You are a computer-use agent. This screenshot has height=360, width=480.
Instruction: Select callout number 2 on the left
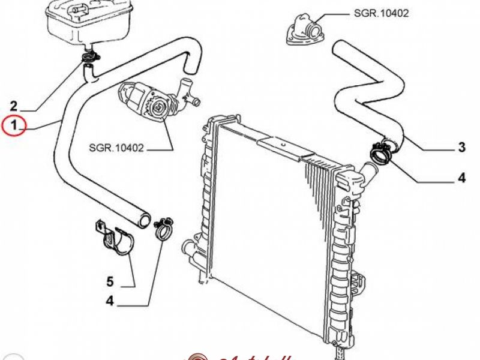tap(14, 106)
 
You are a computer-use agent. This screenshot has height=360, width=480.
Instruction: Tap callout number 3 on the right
tap(461, 146)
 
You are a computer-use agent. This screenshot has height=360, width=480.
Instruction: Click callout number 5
tap(110, 281)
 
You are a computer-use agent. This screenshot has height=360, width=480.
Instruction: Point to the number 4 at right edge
tap(461, 178)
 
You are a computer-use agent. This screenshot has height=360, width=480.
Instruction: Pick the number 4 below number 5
tap(110, 301)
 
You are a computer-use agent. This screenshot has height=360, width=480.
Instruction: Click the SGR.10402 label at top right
tap(381, 13)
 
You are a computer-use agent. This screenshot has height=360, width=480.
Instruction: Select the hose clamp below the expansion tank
tap(90, 58)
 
